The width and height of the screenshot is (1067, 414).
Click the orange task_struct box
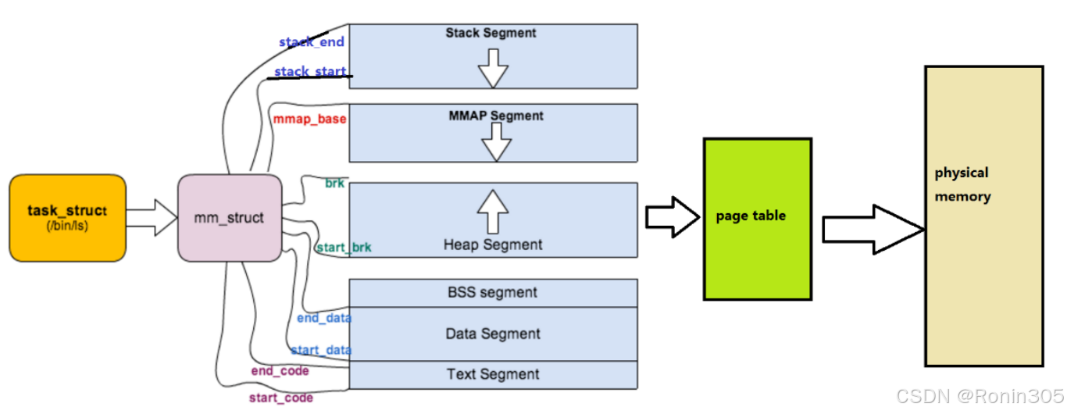pyautogui.click(x=67, y=218)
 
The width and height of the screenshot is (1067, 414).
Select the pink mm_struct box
pyautogui.click(x=229, y=218)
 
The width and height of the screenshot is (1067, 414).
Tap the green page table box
pyautogui.click(x=757, y=219)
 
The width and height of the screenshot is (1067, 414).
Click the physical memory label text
pyautogui.click(x=962, y=184)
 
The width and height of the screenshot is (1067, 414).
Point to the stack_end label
pyautogui.click(x=312, y=42)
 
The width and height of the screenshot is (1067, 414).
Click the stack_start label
pyautogui.click(x=310, y=72)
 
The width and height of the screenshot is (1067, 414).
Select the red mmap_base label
pyautogui.click(x=310, y=120)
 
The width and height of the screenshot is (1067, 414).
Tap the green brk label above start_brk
pyautogui.click(x=335, y=183)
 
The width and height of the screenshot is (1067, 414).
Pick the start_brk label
pyautogui.click(x=344, y=248)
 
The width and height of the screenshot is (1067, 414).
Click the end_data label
pyautogui.click(x=324, y=318)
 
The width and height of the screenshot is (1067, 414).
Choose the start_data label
pyautogui.click(x=321, y=350)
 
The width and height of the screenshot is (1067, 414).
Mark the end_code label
pyautogui.click(x=280, y=370)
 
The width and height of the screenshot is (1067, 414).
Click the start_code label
pyautogui.click(x=281, y=398)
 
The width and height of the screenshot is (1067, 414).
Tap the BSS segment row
pyautogui.click(x=493, y=293)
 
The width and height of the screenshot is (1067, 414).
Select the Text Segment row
pyautogui.click(x=493, y=374)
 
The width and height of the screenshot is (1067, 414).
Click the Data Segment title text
pyautogui.click(x=493, y=334)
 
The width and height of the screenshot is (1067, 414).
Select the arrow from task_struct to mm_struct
pyautogui.click(x=152, y=218)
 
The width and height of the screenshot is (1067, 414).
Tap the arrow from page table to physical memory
pyautogui.click(x=873, y=229)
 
